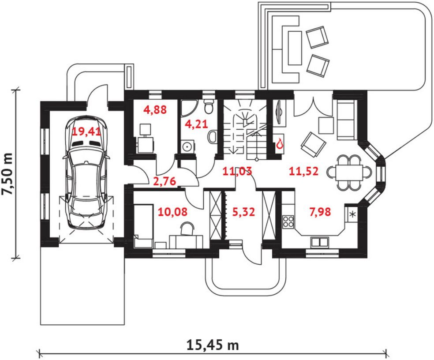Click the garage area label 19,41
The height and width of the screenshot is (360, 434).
click(x=86, y=132)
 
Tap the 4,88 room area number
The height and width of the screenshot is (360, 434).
click(x=155, y=110)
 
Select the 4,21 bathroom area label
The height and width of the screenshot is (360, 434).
click(x=196, y=124)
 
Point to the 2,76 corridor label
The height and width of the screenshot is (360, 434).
click(x=165, y=181)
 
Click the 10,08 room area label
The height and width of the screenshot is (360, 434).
click(x=172, y=212)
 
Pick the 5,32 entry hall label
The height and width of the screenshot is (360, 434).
click(x=243, y=212)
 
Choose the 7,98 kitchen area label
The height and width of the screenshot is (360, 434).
click(x=320, y=212)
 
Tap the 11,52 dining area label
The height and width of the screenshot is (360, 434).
click(x=303, y=172)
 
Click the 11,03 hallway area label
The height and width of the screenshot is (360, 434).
click(x=237, y=172)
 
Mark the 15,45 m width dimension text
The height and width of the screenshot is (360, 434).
click(x=213, y=345)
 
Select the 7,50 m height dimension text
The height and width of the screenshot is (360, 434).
click(x=7, y=174)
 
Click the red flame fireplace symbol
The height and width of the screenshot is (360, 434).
click(x=280, y=144)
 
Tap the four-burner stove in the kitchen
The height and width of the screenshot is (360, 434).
click(x=288, y=221)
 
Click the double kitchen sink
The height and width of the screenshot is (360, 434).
click(x=320, y=242)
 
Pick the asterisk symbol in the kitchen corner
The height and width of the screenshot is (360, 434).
click(x=352, y=214)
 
